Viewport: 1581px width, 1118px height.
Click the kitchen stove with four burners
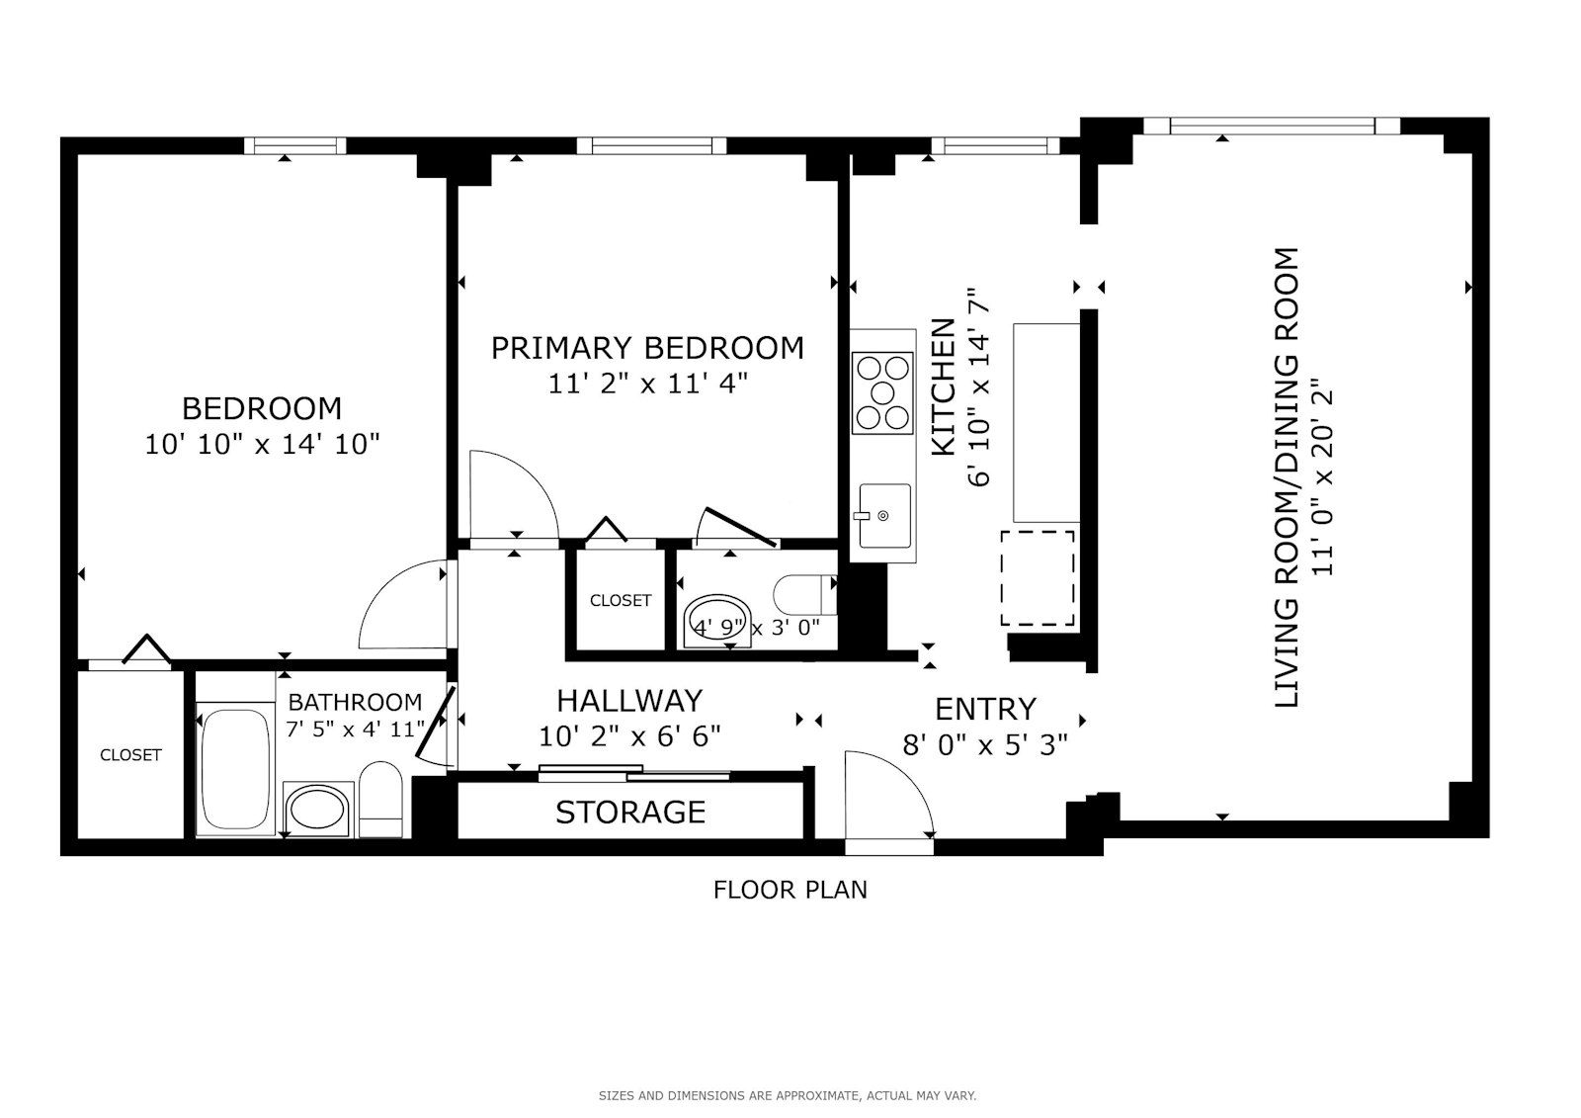(882, 392)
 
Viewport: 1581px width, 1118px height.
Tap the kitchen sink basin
(883, 515)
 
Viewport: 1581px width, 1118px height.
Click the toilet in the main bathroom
(379, 800)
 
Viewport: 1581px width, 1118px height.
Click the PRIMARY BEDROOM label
(647, 348)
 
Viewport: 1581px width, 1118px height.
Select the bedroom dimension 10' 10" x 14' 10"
(262, 444)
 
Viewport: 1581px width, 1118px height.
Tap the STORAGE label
(630, 813)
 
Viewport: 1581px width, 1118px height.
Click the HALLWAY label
(629, 701)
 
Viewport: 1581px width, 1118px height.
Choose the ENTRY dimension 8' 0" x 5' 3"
(985, 744)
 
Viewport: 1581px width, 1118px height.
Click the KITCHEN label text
(944, 387)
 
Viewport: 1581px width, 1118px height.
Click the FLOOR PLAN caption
(790, 890)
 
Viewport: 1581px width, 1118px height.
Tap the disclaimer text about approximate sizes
(787, 1095)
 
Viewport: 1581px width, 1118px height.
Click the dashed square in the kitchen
(1037, 578)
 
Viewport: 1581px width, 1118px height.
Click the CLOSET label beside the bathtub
(130, 755)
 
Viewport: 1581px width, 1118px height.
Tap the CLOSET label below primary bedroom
(621, 600)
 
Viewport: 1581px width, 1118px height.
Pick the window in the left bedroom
(294, 146)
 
